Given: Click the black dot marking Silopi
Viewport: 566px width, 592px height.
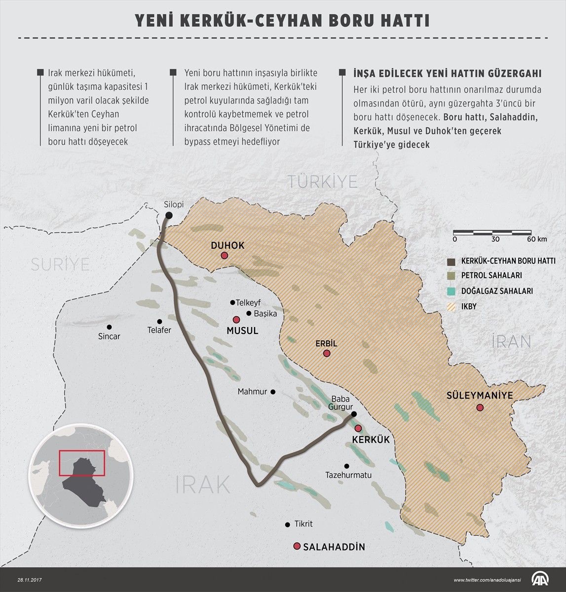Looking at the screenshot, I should coord(169,215).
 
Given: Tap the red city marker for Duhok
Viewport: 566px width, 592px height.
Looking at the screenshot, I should coord(225,256).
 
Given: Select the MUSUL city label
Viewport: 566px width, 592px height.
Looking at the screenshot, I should coord(242,331).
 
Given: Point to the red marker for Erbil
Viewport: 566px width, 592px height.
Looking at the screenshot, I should coord(326,354).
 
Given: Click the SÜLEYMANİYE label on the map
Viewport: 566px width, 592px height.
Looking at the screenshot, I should coord(480,396).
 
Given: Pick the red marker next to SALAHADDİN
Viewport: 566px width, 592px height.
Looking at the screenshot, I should coord(297,546).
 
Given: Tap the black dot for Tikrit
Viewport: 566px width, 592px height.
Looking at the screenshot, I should coord(288,525).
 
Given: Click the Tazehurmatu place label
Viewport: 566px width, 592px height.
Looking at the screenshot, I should coord(348,476).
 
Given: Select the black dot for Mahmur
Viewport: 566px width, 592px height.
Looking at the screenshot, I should coord(273,392).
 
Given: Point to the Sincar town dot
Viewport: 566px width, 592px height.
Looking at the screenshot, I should coord(109,327).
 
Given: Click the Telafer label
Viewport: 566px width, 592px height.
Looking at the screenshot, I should coord(159,330).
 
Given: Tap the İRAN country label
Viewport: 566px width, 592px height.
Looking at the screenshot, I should coord(511,341).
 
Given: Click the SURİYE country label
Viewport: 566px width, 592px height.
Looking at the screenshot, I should coord(60,264).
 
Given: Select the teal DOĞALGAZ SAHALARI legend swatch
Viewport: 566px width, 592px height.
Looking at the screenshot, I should coord(451,291).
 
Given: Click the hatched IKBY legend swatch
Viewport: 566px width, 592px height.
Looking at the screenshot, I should coord(451,306).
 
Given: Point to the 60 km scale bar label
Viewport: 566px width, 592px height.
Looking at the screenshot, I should coord(536,239).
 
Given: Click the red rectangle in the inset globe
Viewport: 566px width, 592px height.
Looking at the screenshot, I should coord(81,463).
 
